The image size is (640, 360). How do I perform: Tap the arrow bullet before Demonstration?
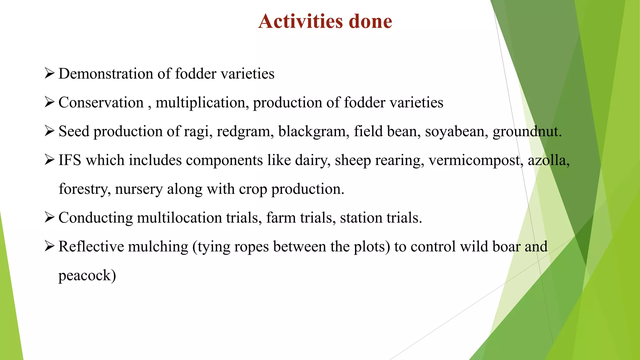pyautogui.click(x=49, y=73)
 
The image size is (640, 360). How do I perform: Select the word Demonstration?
pyautogui.click(x=106, y=74)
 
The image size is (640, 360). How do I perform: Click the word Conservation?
pyautogui.click(x=101, y=102)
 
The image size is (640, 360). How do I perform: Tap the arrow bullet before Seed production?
pyautogui.click(x=49, y=131)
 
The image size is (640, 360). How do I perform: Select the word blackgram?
pyautogui.click(x=313, y=132)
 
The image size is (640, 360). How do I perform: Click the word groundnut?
pyautogui.click(x=527, y=132)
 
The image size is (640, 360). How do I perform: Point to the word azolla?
pyautogui.click(x=548, y=160)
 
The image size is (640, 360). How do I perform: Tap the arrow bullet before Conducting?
pyautogui.click(x=49, y=217)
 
